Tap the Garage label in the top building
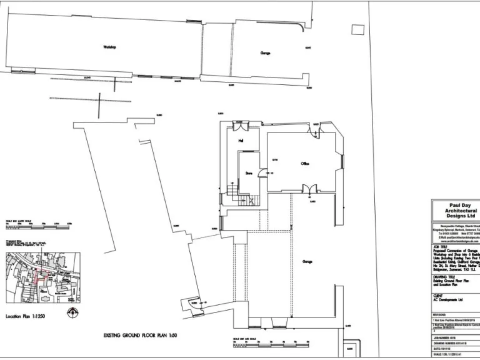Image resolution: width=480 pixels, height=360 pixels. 265,52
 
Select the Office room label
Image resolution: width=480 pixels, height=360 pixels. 306,164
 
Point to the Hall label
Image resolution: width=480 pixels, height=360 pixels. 239,142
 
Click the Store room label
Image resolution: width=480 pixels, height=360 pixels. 248,173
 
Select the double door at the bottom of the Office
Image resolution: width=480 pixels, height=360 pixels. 307,189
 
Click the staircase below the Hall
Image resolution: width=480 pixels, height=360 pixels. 232,194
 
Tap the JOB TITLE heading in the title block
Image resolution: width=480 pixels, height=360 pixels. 441,247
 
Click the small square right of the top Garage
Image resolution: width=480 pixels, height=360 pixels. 357,29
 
